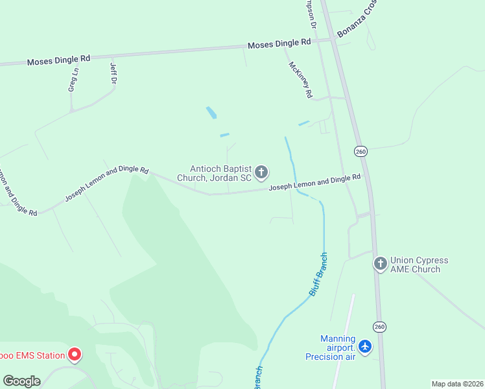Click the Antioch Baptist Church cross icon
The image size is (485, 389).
(261, 172)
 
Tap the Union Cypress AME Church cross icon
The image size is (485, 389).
(380, 264)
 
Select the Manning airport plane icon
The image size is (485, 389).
(366, 347)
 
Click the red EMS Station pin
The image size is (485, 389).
(75, 354)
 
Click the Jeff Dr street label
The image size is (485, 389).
(113, 73)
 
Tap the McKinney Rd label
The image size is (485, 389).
(300, 79)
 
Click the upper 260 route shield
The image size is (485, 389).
(361, 151)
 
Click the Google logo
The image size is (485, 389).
(21, 381)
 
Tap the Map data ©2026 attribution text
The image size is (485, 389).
(457, 384)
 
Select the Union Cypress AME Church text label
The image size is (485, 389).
(419, 265)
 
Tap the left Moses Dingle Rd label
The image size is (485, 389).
(58, 60)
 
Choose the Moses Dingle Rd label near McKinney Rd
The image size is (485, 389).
(279, 44)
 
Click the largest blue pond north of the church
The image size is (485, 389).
(211, 113)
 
